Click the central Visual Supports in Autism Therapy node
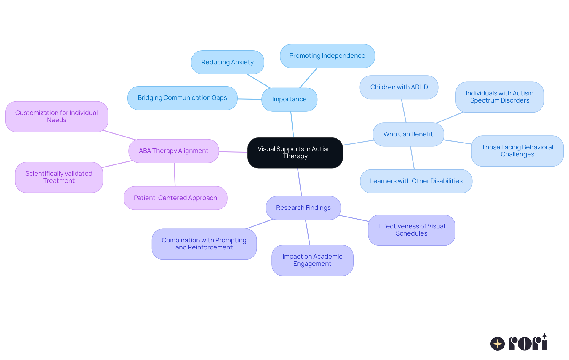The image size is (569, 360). click(295, 153)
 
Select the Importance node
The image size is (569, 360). click(289, 99)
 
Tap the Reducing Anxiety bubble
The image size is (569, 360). click(227, 62)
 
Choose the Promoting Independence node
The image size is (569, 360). click(327, 56)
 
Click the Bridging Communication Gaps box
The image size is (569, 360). click(182, 98)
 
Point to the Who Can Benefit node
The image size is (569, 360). click(408, 134)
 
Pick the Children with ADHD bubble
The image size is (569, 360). click(399, 87)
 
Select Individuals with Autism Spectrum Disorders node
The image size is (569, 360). click(499, 97)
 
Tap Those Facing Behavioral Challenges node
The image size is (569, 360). click(517, 151)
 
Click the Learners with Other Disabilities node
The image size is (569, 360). click(416, 181)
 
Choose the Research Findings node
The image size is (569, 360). click(303, 208)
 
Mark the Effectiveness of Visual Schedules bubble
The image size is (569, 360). click(411, 230)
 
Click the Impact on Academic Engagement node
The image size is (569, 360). click(312, 260)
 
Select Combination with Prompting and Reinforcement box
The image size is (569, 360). click(204, 244)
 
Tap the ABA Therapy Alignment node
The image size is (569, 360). click(174, 151)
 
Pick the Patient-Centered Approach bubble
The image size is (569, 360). click(175, 198)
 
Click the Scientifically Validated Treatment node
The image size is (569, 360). click(59, 177)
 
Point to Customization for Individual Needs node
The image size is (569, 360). click(57, 116)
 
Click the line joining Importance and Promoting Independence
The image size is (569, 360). click(309, 78)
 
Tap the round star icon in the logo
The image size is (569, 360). click(497, 344)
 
